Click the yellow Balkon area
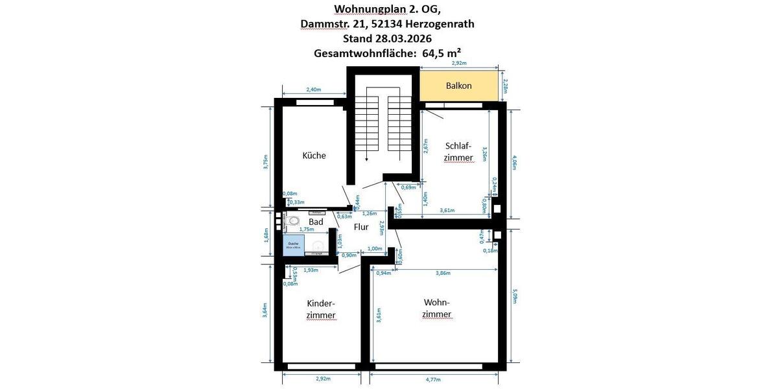[x=459, y=86]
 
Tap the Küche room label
[x=314, y=156]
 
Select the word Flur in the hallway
[x=361, y=227]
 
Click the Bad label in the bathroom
[x=316, y=222]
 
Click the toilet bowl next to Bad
[x=294, y=221]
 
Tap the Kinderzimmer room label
[x=321, y=309]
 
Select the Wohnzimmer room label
[x=436, y=308]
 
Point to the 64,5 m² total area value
[x=442, y=53]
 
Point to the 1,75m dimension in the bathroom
[x=307, y=230]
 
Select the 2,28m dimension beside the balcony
[x=505, y=85]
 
